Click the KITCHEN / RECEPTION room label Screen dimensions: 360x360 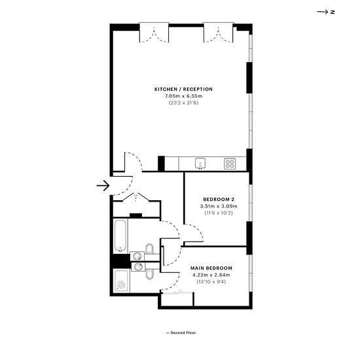183,89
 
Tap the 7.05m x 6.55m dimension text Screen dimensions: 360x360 183,96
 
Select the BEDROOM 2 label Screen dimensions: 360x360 219,199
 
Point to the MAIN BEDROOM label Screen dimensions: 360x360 211,268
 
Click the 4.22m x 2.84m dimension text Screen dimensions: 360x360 211,275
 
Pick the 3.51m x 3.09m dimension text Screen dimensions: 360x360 219,206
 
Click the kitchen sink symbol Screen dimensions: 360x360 200,164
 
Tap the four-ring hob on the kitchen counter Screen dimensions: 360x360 230,164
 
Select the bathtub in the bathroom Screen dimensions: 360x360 120,236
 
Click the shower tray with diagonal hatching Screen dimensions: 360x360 121,281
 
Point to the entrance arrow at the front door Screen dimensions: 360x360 103,185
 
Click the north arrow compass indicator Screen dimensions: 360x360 325,12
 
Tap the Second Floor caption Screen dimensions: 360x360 181,333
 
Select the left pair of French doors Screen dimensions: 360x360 154,33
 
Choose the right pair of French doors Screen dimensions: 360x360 219,33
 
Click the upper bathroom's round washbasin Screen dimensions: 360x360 137,256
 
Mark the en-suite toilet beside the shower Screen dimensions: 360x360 149,273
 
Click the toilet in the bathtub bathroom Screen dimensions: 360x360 149,249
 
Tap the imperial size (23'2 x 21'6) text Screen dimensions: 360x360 183,103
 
